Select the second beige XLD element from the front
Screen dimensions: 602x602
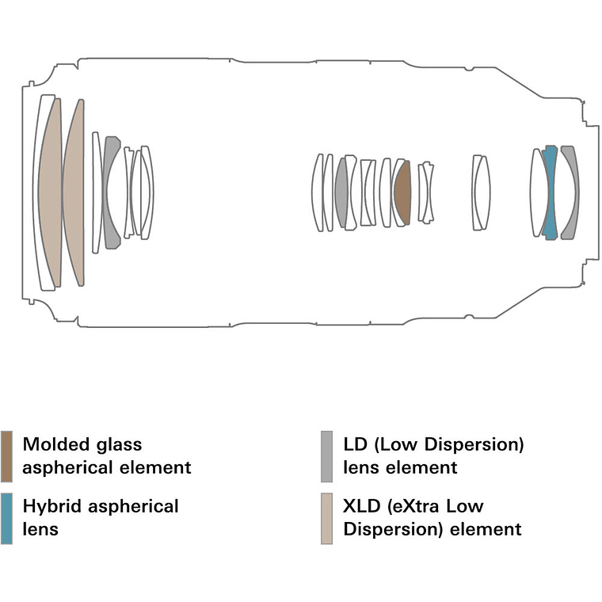tap(74, 192)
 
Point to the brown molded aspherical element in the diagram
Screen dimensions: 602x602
tap(402, 192)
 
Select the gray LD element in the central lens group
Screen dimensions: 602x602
tap(341, 192)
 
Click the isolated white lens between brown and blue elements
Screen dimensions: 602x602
tap(480, 192)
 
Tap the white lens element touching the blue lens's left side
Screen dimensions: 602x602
tap(539, 192)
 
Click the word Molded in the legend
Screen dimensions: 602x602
tap(54, 445)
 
